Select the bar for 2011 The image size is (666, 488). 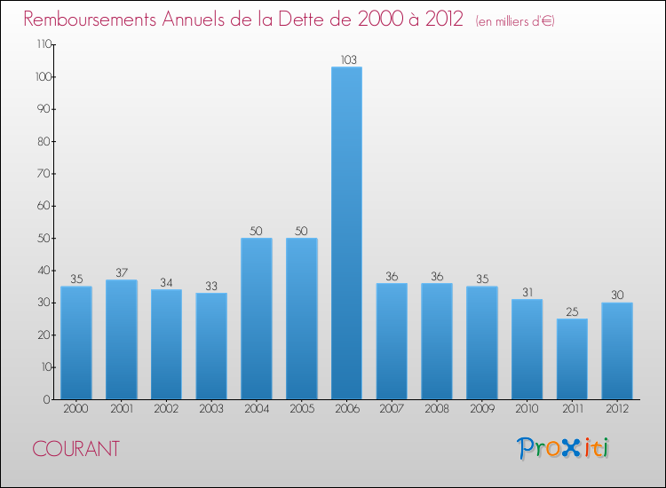[572, 358]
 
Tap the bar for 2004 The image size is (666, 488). [257, 319]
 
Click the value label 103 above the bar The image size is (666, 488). [347, 60]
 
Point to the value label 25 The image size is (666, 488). [572, 311]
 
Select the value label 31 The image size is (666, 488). [527, 292]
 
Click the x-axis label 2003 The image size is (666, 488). [211, 410]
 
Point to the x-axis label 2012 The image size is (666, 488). [617, 410]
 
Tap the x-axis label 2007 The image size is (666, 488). [392, 410]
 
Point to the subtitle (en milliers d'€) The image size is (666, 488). [515, 21]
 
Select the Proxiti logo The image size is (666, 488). [563, 448]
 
